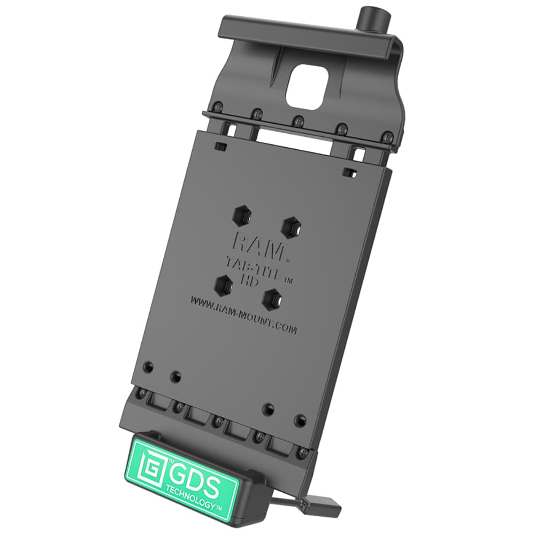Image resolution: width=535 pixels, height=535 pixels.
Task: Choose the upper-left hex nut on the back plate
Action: [x=240, y=215]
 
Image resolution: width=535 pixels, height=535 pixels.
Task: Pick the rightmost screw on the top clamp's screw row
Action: [x=384, y=133]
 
